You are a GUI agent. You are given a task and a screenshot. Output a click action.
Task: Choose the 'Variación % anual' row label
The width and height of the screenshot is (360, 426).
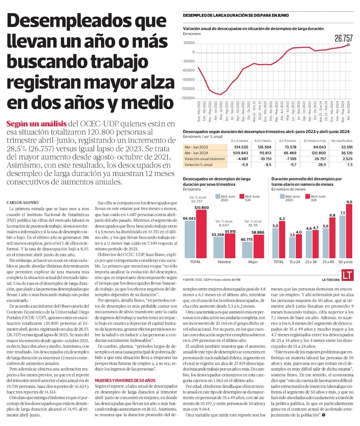(x=199, y=164)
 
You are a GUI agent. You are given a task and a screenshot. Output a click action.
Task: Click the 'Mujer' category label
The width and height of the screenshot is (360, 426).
(x=253, y=262)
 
